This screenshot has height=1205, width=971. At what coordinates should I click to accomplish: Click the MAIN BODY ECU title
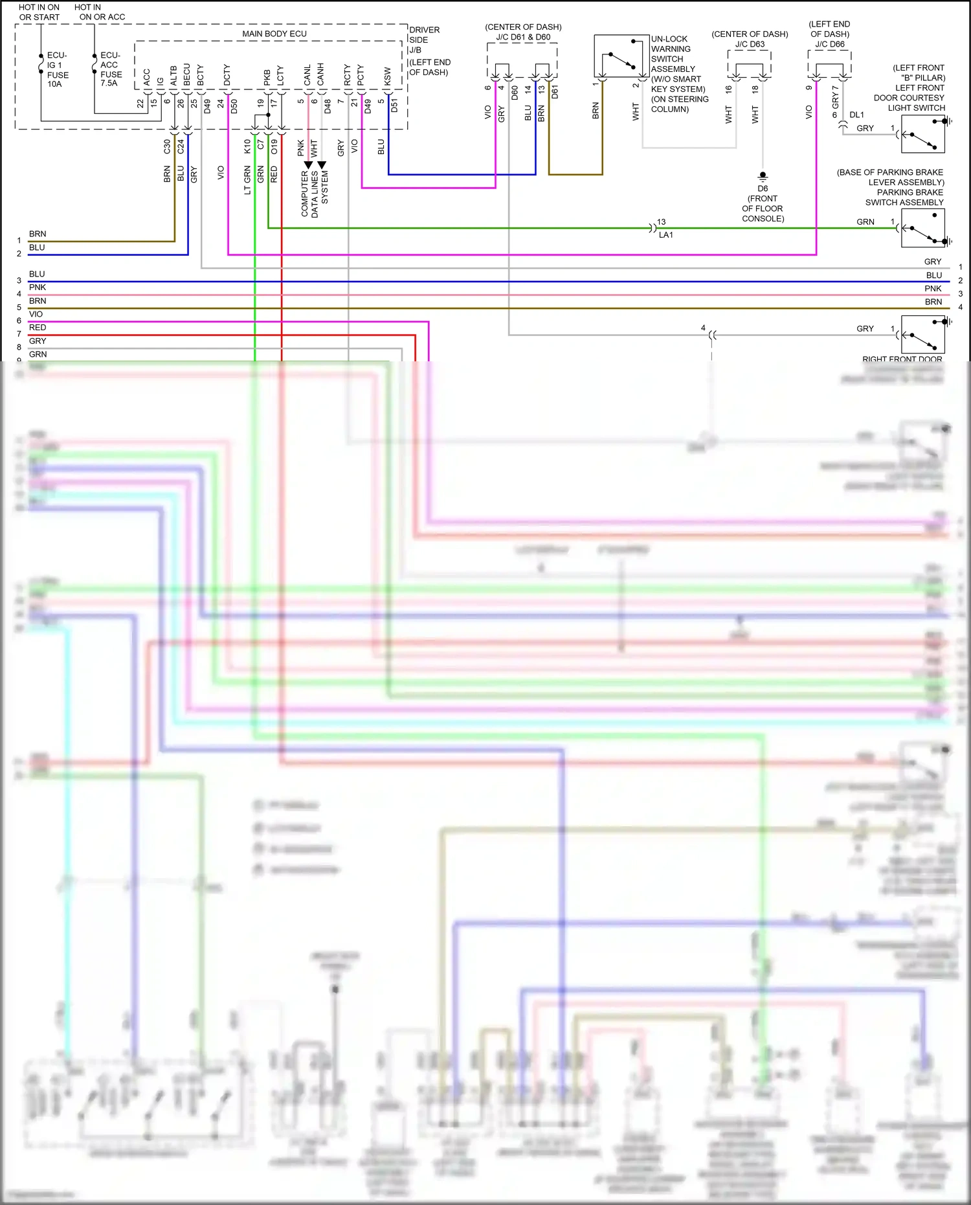(274, 34)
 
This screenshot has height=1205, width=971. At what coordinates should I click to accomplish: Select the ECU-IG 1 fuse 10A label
(57, 70)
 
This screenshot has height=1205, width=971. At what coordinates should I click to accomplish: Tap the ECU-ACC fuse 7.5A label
(111, 69)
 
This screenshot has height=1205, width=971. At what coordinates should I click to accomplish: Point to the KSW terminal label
(388, 76)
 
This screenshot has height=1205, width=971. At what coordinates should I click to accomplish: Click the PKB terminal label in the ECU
(267, 78)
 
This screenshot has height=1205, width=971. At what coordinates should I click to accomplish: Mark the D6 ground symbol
(763, 176)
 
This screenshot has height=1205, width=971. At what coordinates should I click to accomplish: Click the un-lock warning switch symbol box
(621, 56)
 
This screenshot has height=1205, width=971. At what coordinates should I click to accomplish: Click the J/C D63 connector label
(750, 44)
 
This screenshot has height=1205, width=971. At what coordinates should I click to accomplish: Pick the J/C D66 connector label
(829, 44)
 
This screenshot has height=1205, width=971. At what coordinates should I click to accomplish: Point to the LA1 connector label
(666, 235)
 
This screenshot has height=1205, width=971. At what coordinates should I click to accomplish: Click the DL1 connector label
(856, 115)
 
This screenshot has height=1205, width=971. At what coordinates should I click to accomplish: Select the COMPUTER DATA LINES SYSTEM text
(315, 193)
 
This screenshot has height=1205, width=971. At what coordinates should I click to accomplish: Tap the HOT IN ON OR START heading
(39, 12)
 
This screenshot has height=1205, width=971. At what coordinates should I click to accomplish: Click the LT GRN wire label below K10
(247, 180)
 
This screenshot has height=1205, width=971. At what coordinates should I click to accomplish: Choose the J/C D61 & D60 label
(523, 38)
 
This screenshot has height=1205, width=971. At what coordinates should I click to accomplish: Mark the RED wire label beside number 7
(38, 328)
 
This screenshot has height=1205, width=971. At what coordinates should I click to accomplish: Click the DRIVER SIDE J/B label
(425, 39)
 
